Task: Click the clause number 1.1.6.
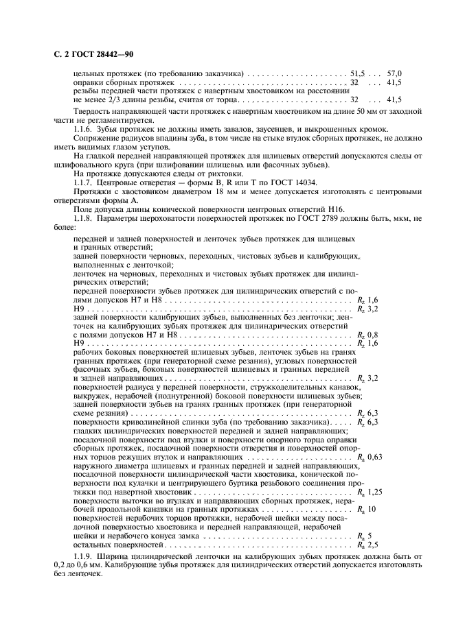point(84,130)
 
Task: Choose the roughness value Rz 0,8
point(368,335)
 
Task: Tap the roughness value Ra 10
point(365,510)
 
